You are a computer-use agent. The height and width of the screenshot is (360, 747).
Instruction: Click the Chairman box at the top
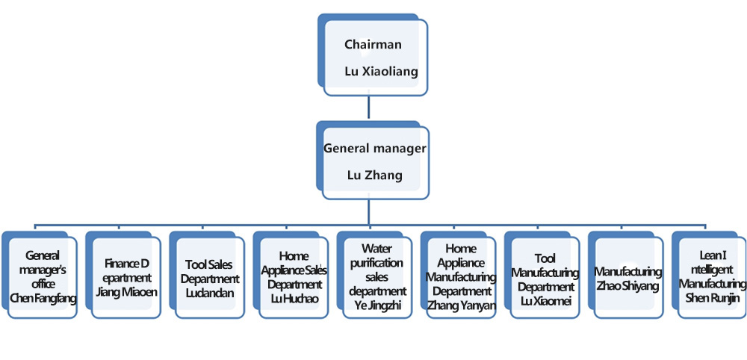pyautogui.click(x=376, y=56)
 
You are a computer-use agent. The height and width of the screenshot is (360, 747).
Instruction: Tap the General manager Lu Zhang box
pyautogui.click(x=376, y=162)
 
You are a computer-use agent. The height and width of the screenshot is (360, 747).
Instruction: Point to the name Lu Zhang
pyautogui.click(x=375, y=176)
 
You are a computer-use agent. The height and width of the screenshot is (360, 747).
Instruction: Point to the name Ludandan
pyautogui.click(x=210, y=293)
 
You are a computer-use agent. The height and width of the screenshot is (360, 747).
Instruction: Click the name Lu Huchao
pyautogui.click(x=294, y=298)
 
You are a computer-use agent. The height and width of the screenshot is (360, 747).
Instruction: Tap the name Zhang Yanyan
pyautogui.click(x=461, y=305)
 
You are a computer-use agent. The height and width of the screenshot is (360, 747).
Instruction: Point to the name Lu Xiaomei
pyautogui.click(x=545, y=300)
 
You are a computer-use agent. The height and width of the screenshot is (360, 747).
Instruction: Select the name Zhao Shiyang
pyautogui.click(x=628, y=286)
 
